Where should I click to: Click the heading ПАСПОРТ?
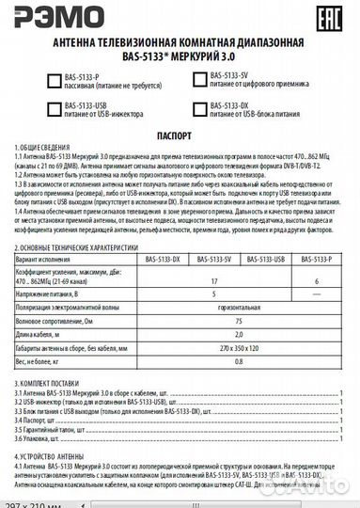180,135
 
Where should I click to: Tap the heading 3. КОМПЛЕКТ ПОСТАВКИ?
46,385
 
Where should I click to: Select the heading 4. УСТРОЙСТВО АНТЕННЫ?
48,454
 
